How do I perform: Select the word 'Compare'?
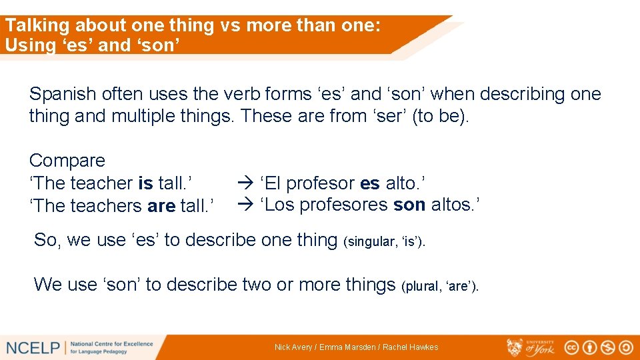(x=67, y=161)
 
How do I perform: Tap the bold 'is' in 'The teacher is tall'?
(x=145, y=183)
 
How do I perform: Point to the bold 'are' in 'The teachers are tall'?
(x=161, y=206)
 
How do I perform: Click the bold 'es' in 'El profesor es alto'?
(x=370, y=183)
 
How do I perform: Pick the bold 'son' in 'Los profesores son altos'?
(x=409, y=205)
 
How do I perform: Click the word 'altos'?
(x=452, y=205)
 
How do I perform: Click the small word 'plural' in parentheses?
(x=421, y=287)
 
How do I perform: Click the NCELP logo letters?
(x=33, y=347)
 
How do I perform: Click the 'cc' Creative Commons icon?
(x=572, y=347)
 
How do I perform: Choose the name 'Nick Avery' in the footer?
(x=293, y=347)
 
